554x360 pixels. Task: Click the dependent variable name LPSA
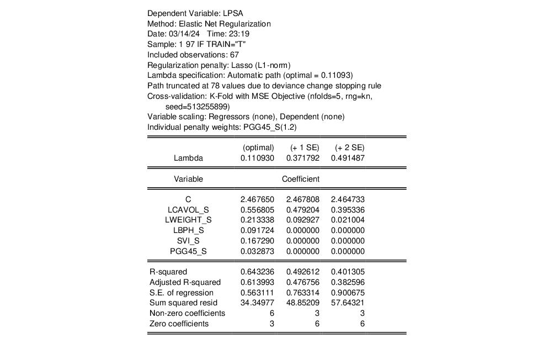pos(233,13)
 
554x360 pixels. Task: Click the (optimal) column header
pos(258,148)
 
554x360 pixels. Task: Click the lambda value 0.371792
pos(302,158)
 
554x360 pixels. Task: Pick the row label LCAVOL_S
pos(188,210)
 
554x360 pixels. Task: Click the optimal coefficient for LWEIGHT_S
pos(257,220)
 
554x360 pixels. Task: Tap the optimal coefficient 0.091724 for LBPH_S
pos(257,231)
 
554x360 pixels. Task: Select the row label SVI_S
pos(188,241)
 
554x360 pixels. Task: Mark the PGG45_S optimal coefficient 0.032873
pos(257,252)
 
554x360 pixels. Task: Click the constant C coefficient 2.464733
pos(348,199)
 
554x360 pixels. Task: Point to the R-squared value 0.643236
pos(257,272)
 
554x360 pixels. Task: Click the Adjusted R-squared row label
pos(185,283)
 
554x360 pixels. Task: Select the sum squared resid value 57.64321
pos(348,303)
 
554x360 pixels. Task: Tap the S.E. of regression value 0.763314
pos(302,293)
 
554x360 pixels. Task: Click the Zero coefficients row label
pos(179,324)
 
